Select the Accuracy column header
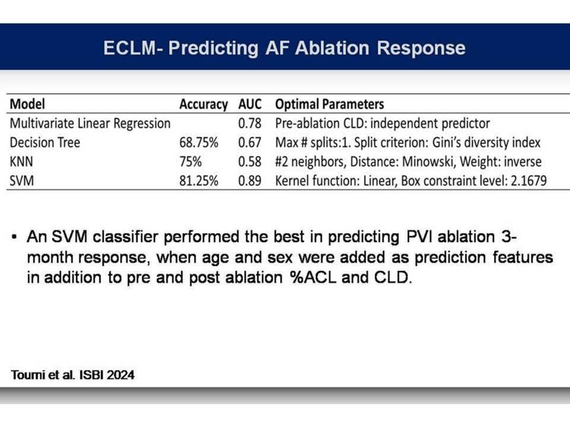coord(204,105)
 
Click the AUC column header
coord(250,104)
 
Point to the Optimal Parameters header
coord(330,105)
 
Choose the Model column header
coord(27,104)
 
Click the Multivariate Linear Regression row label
coord(90,124)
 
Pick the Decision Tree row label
coord(45,142)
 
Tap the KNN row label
coord(21,162)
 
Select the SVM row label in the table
coord(21,181)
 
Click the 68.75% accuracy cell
coord(199,142)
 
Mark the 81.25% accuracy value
coord(199,181)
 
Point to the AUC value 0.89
coord(250,181)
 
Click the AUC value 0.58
coord(250,162)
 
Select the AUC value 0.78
coord(250,124)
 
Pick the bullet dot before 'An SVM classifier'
coord(14,237)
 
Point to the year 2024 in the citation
coord(121,375)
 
